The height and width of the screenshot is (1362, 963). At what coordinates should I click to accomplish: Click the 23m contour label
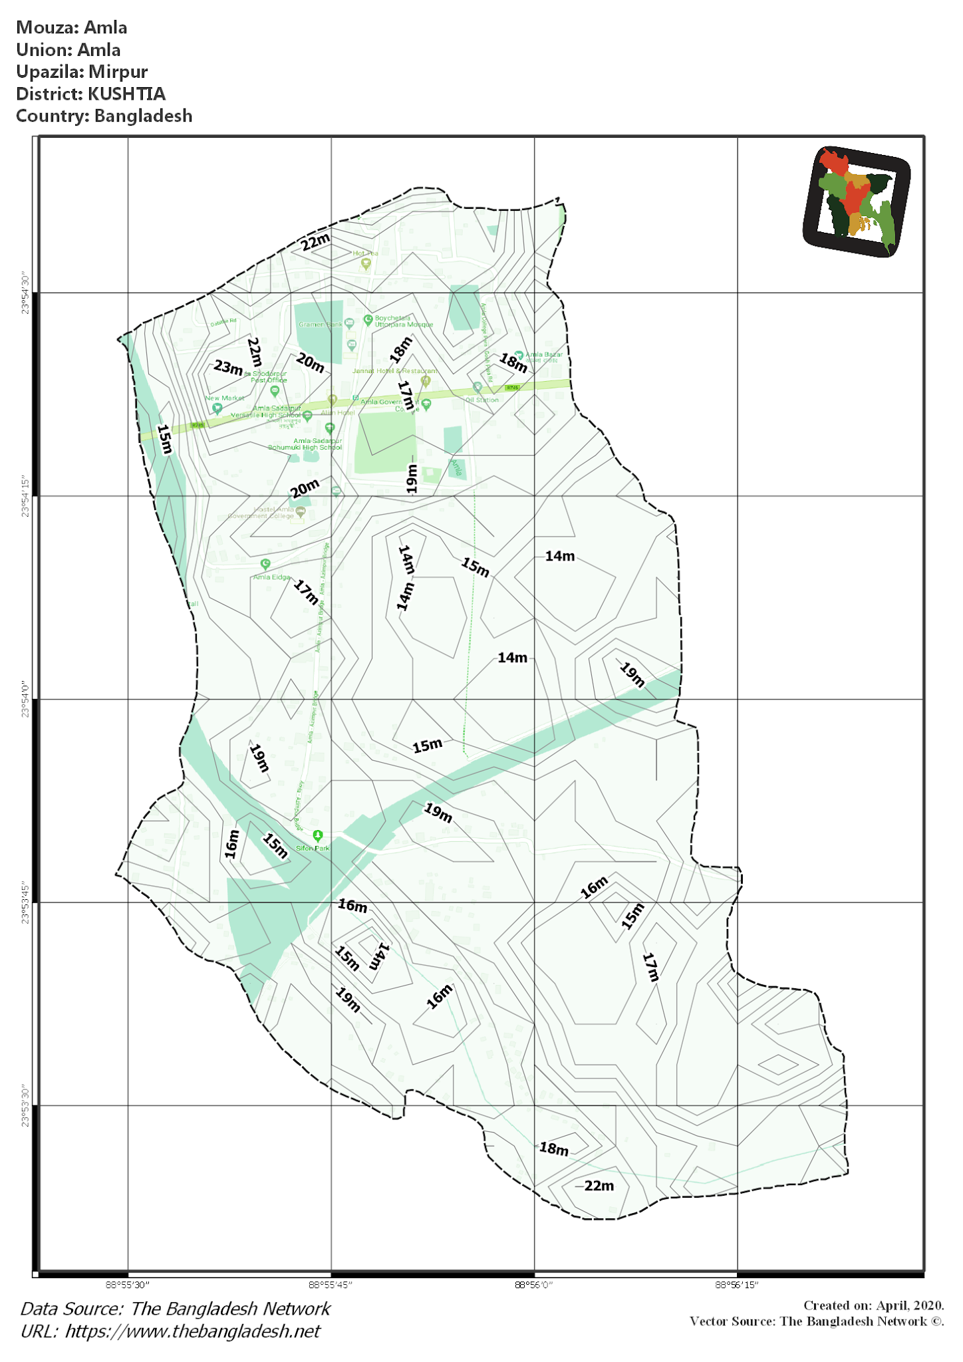point(228,367)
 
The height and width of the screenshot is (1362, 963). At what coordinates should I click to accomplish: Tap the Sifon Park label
point(313,848)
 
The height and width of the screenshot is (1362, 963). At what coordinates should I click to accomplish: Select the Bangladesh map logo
point(856,202)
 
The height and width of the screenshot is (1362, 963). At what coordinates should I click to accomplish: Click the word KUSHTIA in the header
point(126,94)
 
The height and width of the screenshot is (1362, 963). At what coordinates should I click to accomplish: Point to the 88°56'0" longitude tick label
point(533,1284)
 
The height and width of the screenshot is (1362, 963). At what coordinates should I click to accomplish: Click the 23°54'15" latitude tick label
point(25,495)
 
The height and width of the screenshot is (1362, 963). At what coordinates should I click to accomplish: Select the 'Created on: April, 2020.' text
point(873,1305)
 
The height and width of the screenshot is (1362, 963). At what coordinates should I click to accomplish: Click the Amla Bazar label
point(544,354)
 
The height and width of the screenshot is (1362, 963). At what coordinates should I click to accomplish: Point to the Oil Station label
point(482,400)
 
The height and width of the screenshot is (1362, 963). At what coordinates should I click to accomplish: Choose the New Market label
point(224,398)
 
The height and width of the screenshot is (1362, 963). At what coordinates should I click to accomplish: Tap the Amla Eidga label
point(271,577)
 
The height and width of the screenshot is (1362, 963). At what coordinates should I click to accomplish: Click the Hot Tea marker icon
point(365,264)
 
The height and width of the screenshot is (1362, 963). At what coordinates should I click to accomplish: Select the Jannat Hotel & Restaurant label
point(395,371)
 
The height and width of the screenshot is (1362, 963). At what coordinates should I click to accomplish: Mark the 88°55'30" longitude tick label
point(128,1284)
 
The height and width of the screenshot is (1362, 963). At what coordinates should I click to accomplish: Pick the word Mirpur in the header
point(118,72)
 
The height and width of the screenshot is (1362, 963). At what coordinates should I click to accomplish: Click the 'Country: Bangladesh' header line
point(104,116)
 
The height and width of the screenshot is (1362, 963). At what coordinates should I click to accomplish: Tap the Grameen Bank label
point(320,325)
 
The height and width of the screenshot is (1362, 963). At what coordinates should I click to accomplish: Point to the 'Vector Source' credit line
point(816,1321)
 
